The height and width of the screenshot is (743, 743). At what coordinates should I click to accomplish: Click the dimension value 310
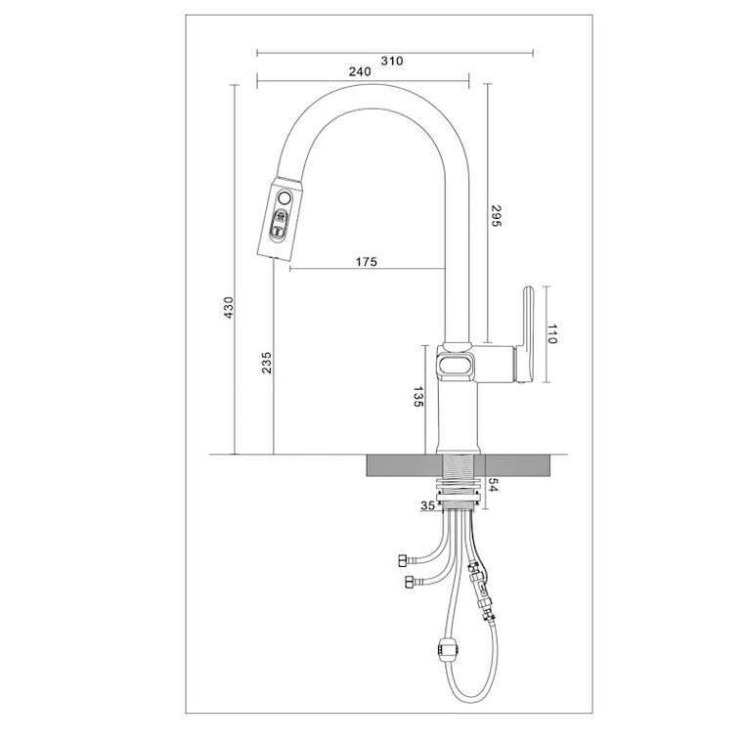click(392, 61)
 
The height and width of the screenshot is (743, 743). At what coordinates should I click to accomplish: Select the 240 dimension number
click(360, 71)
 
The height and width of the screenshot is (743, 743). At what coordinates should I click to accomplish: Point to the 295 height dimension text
click(496, 216)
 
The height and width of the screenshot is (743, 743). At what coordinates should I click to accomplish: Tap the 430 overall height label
click(229, 308)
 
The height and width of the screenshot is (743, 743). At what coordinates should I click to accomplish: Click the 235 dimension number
click(267, 363)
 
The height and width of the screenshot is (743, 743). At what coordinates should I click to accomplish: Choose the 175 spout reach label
click(367, 262)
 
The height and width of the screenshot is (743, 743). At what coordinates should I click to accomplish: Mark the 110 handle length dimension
click(552, 334)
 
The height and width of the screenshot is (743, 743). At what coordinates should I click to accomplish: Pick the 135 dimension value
click(418, 397)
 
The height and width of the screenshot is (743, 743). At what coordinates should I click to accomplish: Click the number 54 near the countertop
click(494, 485)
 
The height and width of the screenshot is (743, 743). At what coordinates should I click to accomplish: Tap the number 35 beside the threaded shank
click(427, 505)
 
